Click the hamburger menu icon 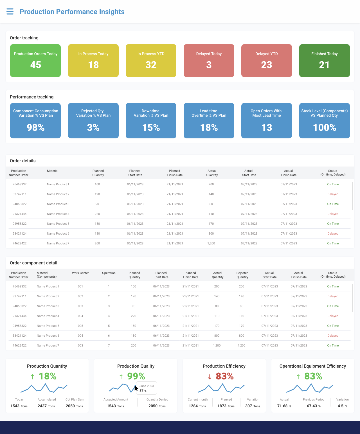coord(10,12)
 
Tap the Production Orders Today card coord(35,60)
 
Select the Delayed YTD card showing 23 coord(266,60)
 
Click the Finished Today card coord(324,60)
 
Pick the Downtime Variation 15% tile coord(151,121)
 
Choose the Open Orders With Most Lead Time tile coord(266,121)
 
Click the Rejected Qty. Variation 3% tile coord(93,121)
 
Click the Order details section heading coord(23,161)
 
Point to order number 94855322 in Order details coord(20,204)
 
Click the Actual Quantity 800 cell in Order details coord(211,234)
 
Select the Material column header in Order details coord(53,171)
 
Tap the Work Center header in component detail coord(80,273)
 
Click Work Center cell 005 coord(80,326)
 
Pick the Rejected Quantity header coord(242,275)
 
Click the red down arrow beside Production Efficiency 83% coord(210,377)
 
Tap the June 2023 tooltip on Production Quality coord(147,388)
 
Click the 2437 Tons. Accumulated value coord(47,406)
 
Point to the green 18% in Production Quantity coord(48,376)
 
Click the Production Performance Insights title coord(72,12)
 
